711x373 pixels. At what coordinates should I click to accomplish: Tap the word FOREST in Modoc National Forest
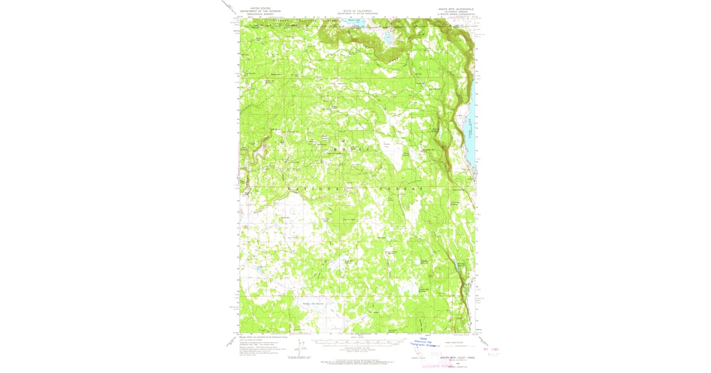405,188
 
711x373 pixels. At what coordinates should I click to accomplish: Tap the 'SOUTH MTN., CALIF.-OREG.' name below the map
456,358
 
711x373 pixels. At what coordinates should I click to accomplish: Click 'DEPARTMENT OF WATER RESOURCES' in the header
355,15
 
